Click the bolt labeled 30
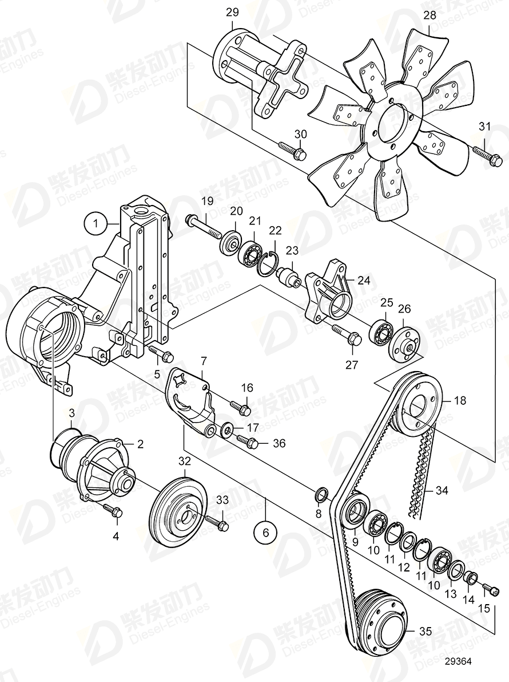[x=291, y=152]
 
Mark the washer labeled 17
[x=226, y=428]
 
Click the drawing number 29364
[x=456, y=661]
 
